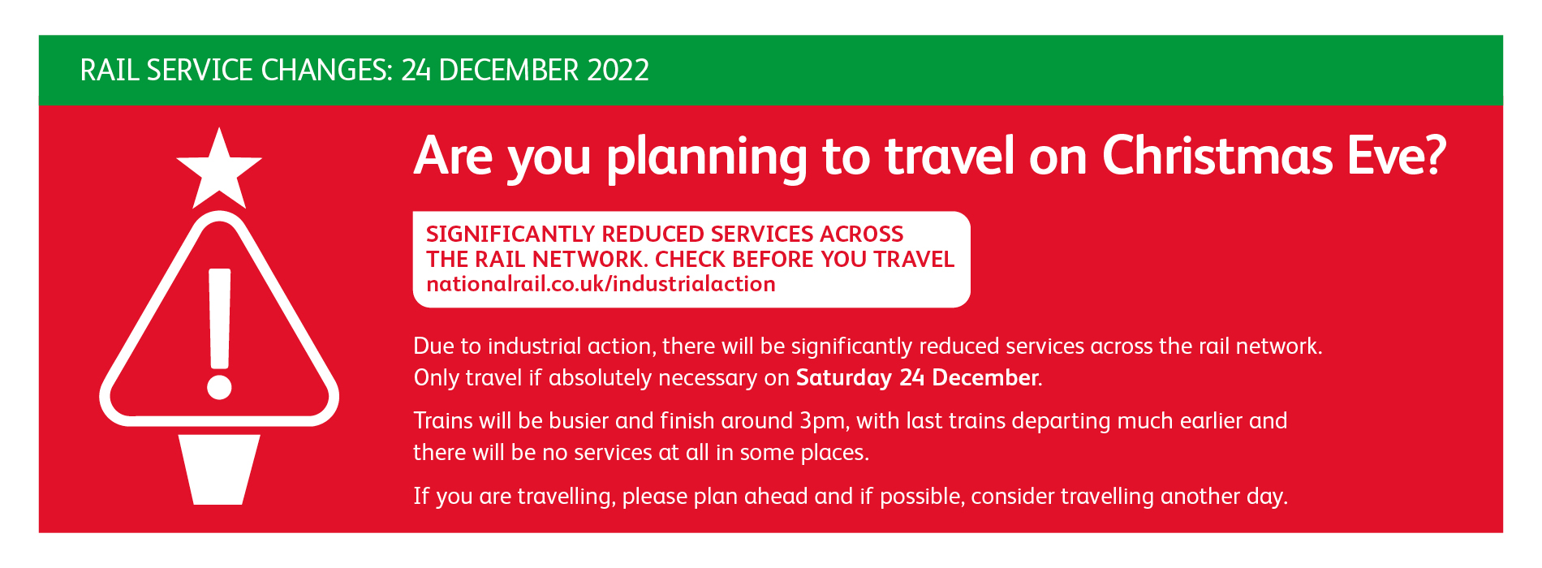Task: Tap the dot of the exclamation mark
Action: pos(219,386)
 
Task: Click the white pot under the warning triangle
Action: pos(219,469)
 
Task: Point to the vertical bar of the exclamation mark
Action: pos(220,317)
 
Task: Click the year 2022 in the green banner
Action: pos(618,71)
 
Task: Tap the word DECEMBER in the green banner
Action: pos(509,71)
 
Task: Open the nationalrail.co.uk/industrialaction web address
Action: pos(601,284)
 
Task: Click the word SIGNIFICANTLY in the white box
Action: pos(510,234)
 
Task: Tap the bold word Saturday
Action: pos(844,378)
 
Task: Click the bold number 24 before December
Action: pos(912,378)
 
